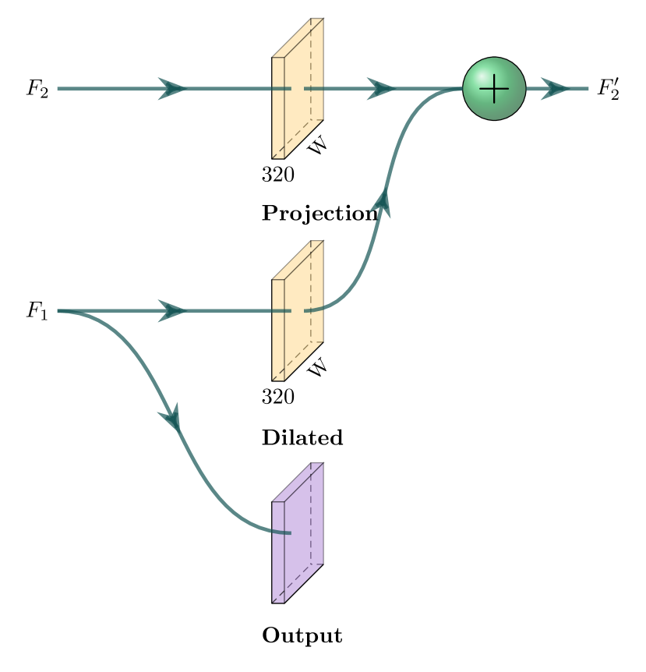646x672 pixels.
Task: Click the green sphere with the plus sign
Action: [494, 89]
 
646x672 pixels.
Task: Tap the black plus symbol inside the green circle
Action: [494, 89]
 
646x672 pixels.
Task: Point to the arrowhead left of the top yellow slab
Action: [172, 89]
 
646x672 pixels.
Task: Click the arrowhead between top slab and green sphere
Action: [381, 89]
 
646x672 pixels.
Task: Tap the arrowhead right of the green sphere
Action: [555, 89]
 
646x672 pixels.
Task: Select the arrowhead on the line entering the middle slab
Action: [172, 311]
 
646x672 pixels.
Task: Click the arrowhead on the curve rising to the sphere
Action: [382, 203]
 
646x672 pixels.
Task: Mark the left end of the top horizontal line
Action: [58, 89]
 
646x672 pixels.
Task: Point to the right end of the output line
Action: [588, 89]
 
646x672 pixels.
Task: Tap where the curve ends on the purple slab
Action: [289, 533]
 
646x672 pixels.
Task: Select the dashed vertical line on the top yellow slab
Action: [311, 69]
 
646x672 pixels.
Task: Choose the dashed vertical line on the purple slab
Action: [311, 514]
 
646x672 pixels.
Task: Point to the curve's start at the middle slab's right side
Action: [306, 311]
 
